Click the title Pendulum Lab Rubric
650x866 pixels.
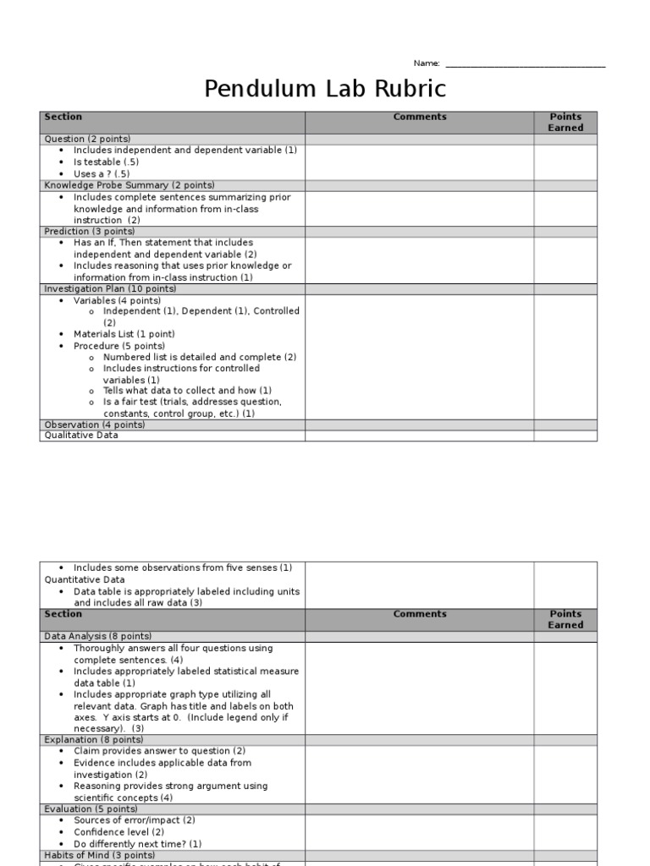325,89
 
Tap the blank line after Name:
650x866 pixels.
525,64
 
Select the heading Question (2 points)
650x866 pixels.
87,139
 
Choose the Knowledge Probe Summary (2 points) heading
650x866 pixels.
129,185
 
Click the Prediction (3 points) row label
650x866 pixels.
90,231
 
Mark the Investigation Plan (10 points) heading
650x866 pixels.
110,288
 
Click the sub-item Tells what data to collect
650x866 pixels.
187,391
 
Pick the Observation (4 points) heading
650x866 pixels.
94,425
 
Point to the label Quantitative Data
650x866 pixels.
85,579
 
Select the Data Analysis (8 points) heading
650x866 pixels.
97,636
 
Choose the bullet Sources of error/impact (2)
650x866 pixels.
134,820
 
